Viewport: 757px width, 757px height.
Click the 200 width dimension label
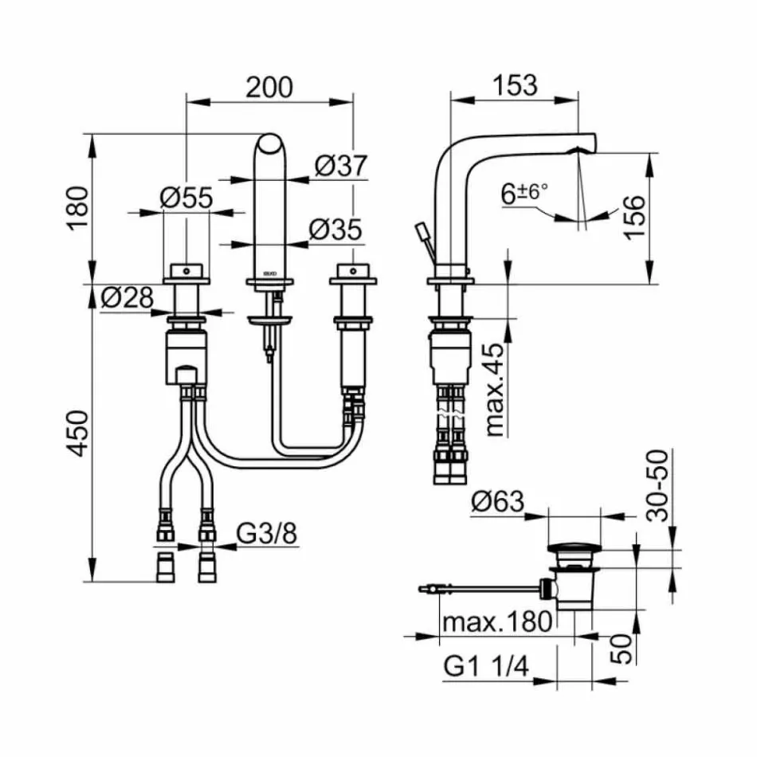click(x=269, y=86)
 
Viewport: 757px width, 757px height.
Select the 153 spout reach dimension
click(x=514, y=84)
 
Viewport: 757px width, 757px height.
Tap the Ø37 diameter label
click(x=341, y=166)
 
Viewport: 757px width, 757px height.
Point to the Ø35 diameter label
click(x=335, y=229)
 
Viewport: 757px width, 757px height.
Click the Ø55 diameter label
click(x=186, y=198)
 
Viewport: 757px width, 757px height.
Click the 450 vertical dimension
click(x=78, y=435)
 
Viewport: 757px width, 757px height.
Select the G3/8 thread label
click(x=268, y=532)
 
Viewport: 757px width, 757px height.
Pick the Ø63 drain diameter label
click(x=497, y=502)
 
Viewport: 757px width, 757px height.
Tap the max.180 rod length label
click(x=497, y=622)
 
